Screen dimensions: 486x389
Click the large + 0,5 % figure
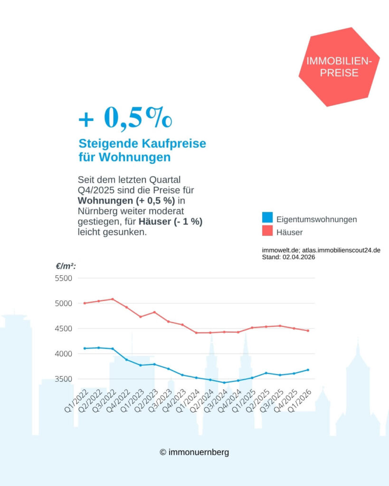(125, 118)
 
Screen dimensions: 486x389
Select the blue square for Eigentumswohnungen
(267, 218)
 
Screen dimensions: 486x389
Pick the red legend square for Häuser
(267, 231)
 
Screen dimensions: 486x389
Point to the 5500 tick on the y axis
(64, 278)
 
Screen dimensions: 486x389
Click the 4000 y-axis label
(64, 354)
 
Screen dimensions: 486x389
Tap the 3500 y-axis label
(64, 379)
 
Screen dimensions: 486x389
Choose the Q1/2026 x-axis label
(300, 402)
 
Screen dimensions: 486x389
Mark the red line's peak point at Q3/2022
(113, 299)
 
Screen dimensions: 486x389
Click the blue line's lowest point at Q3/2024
(224, 383)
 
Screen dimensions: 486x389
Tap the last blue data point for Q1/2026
(308, 370)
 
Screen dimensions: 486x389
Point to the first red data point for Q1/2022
(85, 303)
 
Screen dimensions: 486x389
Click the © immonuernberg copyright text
(194, 452)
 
